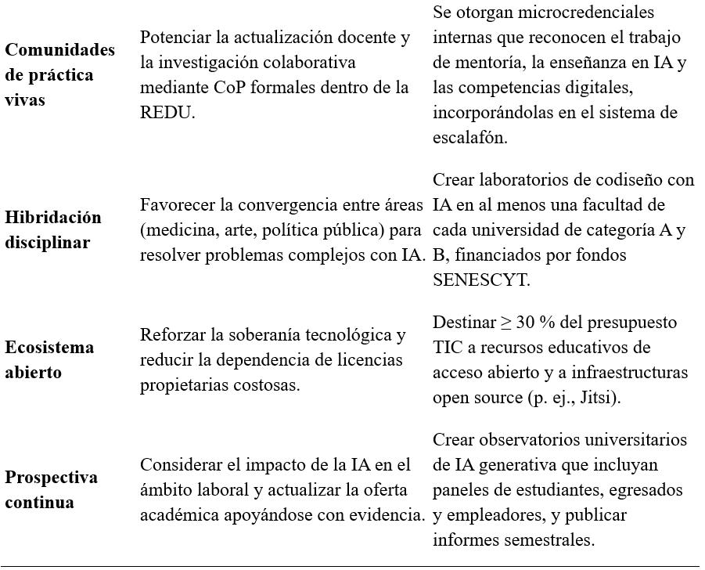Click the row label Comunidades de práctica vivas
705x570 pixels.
pyautogui.click(x=59, y=74)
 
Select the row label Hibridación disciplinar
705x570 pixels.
pyautogui.click(x=53, y=229)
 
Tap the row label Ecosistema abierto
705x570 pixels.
pyautogui.click(x=49, y=359)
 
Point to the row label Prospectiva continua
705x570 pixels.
pyautogui.click(x=51, y=489)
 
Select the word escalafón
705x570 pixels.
pyautogui.click(x=469, y=137)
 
